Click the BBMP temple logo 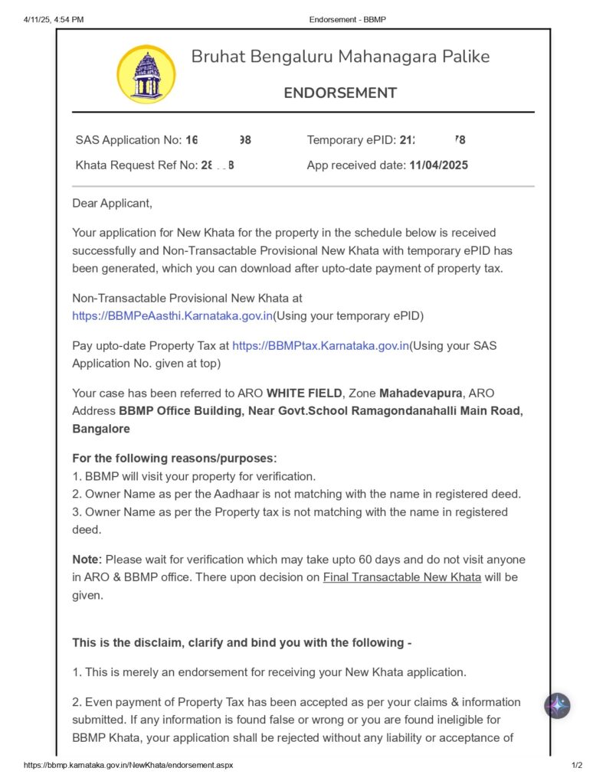(146, 74)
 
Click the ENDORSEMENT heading (340, 93)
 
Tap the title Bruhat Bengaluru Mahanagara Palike (340, 57)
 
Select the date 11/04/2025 (438, 165)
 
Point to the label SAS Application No (128, 140)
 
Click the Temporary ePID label (351, 140)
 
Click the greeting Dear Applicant (112, 203)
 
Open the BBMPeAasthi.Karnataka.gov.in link (172, 315)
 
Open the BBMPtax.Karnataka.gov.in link (320, 345)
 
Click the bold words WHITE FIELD (305, 393)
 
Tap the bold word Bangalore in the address (100, 429)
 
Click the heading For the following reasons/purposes (174, 458)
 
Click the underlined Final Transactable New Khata (401, 577)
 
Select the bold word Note (87, 560)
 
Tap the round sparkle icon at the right (557, 705)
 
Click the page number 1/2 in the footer (577, 765)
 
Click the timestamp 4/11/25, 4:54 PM (54, 19)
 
